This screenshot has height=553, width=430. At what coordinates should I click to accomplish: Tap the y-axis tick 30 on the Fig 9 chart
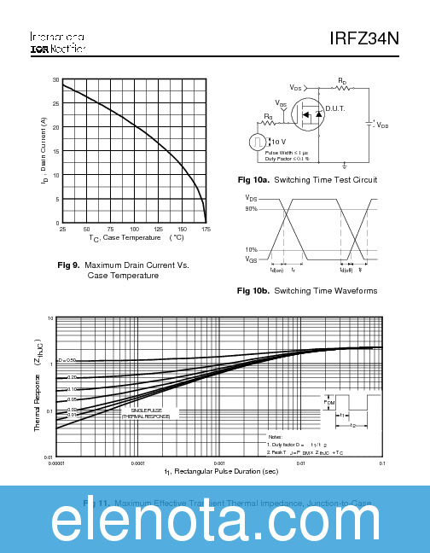tap(55, 80)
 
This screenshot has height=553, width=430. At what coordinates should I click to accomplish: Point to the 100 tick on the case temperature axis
tap(134, 230)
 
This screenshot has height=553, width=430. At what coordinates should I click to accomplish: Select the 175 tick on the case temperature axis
tap(206, 230)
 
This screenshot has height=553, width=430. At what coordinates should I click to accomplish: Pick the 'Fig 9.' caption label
tap(69, 265)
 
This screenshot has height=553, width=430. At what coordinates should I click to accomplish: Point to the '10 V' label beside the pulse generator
tap(279, 142)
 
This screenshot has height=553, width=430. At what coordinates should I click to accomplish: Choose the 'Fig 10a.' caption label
tap(253, 180)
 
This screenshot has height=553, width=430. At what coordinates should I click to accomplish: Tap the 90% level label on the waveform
tap(251, 209)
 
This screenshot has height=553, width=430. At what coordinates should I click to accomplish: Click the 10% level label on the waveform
tap(251, 250)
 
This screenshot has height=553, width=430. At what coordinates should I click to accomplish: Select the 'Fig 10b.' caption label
tap(253, 291)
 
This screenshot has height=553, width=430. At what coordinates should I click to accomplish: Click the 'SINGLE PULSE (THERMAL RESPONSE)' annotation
tap(150, 413)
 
